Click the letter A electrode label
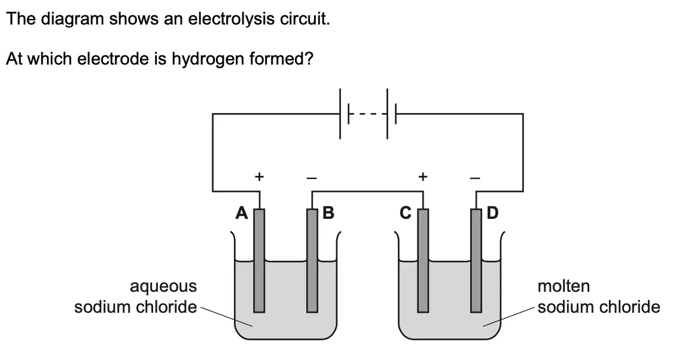point(242,213)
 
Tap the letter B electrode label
point(328,213)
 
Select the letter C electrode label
point(406,213)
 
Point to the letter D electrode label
point(492,213)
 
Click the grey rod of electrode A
point(259,261)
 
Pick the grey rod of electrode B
point(312,261)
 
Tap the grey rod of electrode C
point(423,261)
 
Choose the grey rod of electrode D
point(476,261)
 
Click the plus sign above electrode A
point(259,176)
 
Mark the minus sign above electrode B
point(312,178)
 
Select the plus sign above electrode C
point(423,176)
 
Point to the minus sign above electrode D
point(476,178)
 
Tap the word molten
point(564,286)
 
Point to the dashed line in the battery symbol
point(368,114)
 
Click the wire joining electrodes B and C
point(367,191)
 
